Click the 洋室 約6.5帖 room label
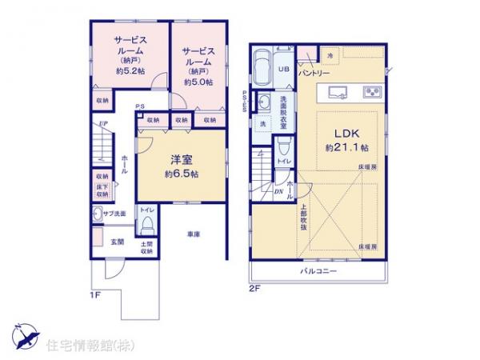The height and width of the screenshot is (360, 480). [182, 166]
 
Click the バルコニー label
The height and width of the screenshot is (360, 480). [318, 272]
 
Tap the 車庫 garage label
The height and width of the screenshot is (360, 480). [194, 234]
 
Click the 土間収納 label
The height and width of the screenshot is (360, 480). [147, 247]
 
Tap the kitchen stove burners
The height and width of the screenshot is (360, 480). [372, 90]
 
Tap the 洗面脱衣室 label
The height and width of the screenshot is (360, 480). [283, 112]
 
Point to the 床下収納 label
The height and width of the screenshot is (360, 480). [102, 190]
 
